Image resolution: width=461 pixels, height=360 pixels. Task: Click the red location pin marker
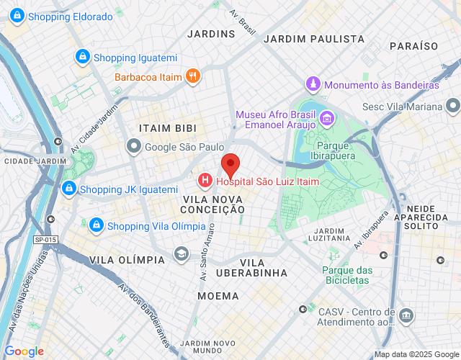tap(230, 165)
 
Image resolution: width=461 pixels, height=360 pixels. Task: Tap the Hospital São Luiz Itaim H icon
tap(205, 179)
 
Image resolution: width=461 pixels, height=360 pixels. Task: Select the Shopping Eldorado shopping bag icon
tap(16, 16)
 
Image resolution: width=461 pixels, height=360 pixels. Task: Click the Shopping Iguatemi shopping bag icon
tap(82, 58)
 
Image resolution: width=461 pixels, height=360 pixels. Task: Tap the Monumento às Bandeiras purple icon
tap(313, 84)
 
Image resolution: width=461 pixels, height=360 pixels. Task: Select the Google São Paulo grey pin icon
tap(133, 147)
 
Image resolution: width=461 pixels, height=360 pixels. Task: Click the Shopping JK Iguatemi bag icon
tap(68, 189)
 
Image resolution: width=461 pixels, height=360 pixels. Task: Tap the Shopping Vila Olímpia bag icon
tap(96, 226)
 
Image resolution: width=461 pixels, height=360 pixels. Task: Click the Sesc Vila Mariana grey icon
tap(452, 107)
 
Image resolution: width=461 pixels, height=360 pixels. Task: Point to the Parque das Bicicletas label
tap(346, 276)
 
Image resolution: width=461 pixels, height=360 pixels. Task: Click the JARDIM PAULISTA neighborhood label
tap(314, 39)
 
